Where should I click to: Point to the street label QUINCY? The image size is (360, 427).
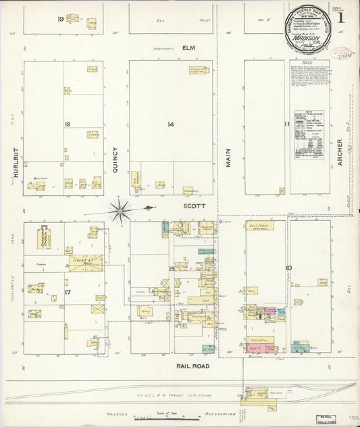coord(115,161)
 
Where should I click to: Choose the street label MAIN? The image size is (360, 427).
coord(228,157)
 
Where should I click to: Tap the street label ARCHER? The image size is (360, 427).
coord(340,153)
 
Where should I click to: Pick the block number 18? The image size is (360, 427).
coord(68,124)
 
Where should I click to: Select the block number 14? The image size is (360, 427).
coord(171,124)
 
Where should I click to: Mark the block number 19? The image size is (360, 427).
coord(60,18)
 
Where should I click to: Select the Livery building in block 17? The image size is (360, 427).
coord(85,262)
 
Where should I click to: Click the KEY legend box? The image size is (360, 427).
coord(307,135)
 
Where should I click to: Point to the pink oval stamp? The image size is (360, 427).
coord(345,52)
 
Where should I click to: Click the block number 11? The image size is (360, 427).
coord(286,124)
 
